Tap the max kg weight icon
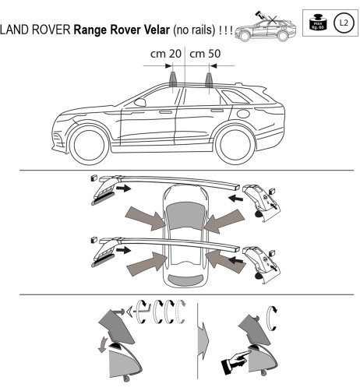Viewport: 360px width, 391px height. click(316, 23)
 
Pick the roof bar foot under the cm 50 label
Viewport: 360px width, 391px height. click(209, 80)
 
